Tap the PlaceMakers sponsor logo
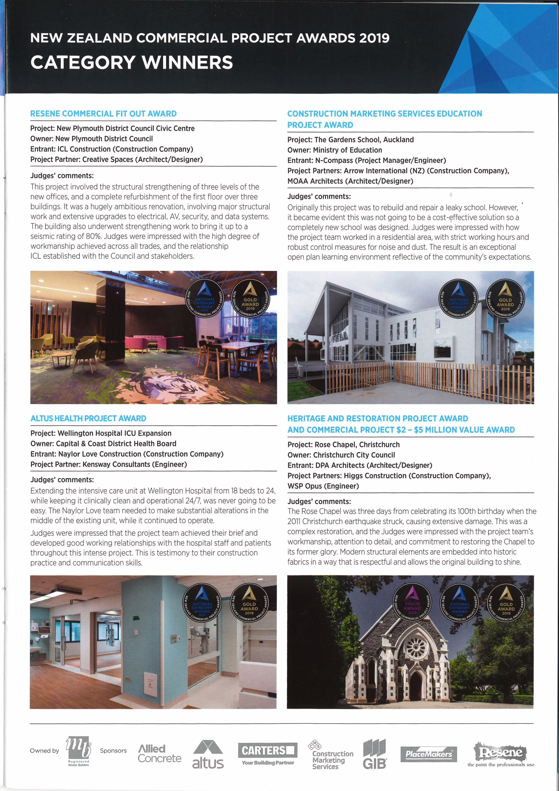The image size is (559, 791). [429, 754]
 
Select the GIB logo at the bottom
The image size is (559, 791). [375, 754]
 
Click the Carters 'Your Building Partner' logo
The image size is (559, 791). [268, 754]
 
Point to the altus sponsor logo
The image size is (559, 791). [208, 755]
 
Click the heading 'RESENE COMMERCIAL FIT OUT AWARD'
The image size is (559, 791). [103, 114]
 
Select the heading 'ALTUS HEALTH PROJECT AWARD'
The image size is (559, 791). [88, 418]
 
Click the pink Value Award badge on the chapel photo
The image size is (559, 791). [412, 603]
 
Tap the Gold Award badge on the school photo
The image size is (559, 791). [505, 298]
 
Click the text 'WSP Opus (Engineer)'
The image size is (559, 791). [323, 486]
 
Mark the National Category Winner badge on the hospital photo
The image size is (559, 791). [202, 603]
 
